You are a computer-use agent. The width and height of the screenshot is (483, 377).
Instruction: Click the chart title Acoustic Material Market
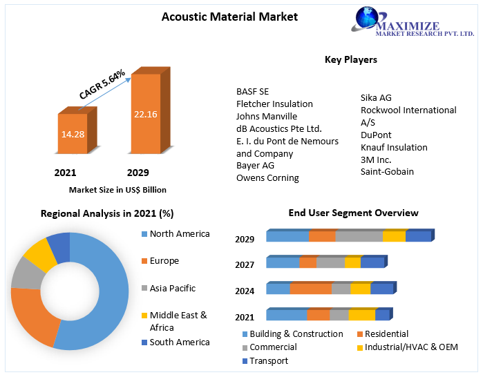[229, 17]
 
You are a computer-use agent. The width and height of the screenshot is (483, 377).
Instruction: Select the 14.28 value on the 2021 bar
[73, 133]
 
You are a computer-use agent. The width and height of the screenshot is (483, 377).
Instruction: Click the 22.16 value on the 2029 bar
[146, 114]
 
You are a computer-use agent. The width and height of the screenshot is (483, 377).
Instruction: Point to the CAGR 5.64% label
[102, 84]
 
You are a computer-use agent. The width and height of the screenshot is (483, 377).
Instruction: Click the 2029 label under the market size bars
[138, 173]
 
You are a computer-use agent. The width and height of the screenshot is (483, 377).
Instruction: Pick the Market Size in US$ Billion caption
[117, 189]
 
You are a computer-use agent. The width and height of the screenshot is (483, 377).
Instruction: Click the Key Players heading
[351, 60]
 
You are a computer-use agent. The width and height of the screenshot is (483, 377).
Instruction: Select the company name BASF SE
[253, 91]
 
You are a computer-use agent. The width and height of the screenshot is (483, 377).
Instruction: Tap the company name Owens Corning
[267, 178]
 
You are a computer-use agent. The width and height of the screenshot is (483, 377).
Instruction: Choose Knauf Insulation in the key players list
[394, 147]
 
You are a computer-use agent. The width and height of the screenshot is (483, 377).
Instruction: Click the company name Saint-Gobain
[387, 172]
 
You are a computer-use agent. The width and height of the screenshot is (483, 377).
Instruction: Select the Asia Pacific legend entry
[172, 289]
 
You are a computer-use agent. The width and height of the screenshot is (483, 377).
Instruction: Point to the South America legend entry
[179, 342]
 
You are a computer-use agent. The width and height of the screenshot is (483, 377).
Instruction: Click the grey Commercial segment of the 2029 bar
[358, 237]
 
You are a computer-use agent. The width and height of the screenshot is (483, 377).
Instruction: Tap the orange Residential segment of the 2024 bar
[310, 289]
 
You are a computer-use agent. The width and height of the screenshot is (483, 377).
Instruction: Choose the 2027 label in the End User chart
[245, 264]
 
